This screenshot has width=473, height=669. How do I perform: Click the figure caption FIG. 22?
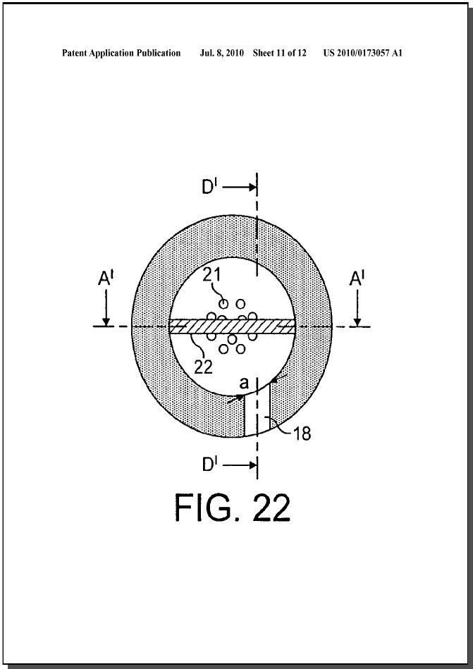(x=233, y=508)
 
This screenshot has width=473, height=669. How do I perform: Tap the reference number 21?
(x=211, y=275)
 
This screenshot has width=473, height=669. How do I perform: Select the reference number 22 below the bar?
(x=204, y=367)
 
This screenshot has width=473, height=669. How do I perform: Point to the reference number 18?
(x=302, y=434)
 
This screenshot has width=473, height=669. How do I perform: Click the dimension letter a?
(x=243, y=383)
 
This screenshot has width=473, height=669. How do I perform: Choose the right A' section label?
(x=357, y=279)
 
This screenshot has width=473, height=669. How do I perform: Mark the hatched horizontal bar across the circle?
(x=232, y=326)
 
